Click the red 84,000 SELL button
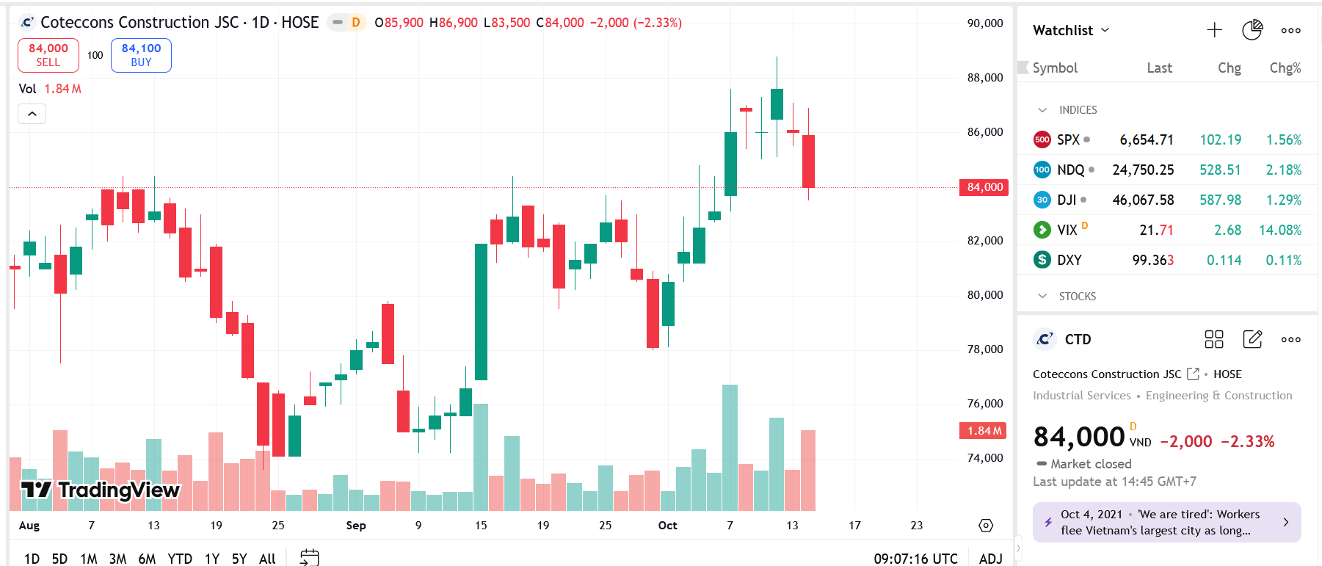pyautogui.click(x=48, y=55)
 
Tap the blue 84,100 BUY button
pyautogui.click(x=141, y=55)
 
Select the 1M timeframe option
pyautogui.click(x=89, y=559)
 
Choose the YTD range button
pyautogui.click(x=180, y=559)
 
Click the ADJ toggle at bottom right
pyautogui.click(x=990, y=559)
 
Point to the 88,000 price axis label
pyautogui.click(x=984, y=78)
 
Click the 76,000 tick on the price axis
pyautogui.click(x=984, y=404)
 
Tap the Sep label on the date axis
pyautogui.click(x=356, y=526)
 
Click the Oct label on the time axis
pyautogui.click(x=668, y=526)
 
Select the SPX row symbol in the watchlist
pyautogui.click(x=1068, y=139)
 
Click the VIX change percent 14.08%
pyautogui.click(x=1279, y=230)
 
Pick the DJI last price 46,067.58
pyautogui.click(x=1143, y=200)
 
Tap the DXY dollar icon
pyautogui.click(x=1042, y=260)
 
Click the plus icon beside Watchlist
pyautogui.click(x=1214, y=30)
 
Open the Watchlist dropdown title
pyautogui.click(x=1071, y=30)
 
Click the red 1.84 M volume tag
pyautogui.click(x=982, y=431)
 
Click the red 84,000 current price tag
pyautogui.click(x=984, y=187)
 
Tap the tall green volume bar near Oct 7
pyautogui.click(x=730, y=448)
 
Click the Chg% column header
pyautogui.click(x=1285, y=68)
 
